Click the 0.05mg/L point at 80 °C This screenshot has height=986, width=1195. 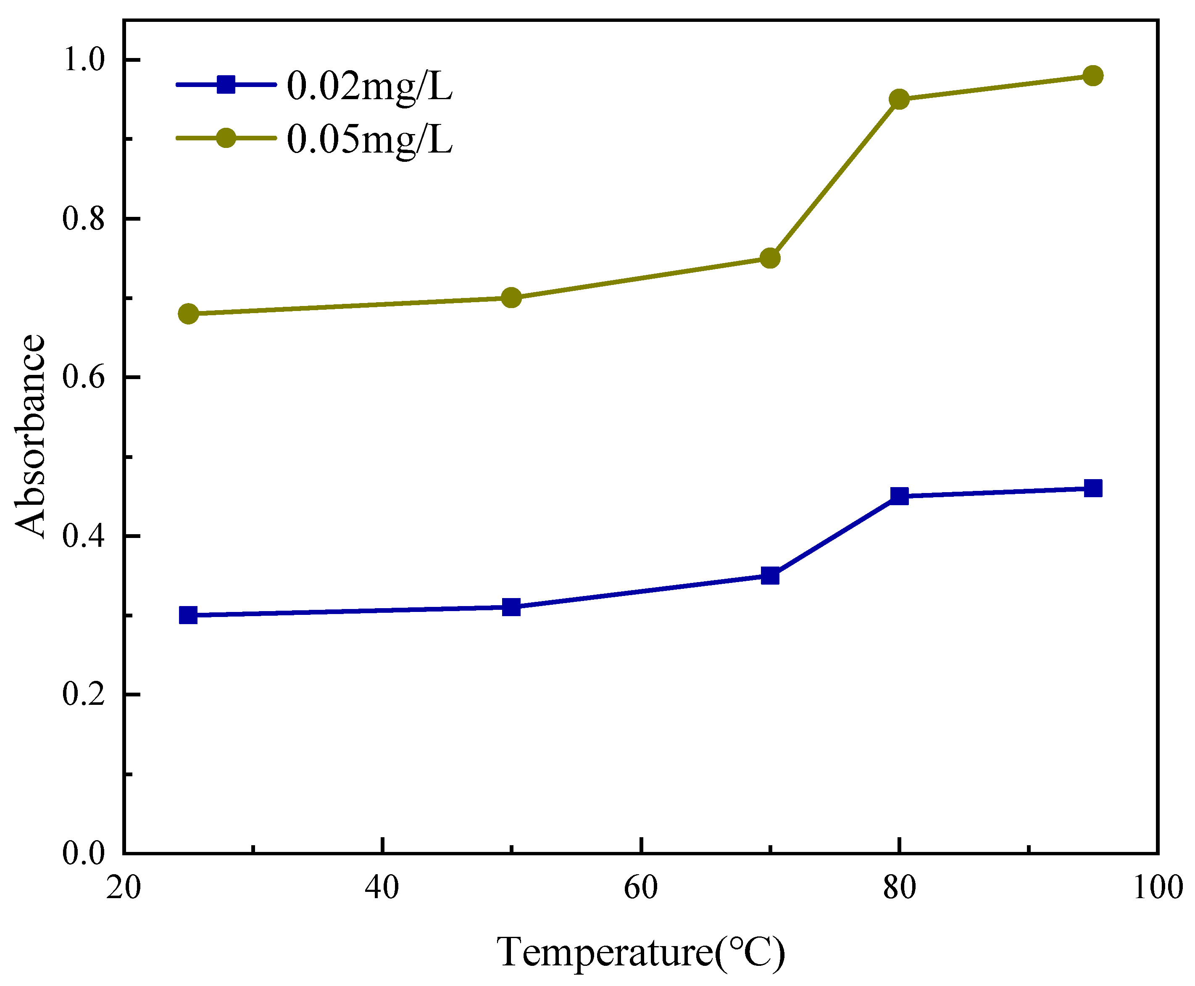pos(899,99)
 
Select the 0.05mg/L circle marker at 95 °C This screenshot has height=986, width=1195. pos(1093,76)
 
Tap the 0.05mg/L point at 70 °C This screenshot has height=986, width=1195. pos(770,258)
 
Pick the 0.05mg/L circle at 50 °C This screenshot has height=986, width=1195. pos(511,298)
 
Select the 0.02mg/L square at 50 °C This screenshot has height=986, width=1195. pos(511,607)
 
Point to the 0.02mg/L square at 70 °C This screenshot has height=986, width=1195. pos(770,576)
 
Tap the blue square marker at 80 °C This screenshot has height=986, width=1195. pos(899,496)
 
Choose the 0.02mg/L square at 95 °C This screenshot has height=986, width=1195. pos(1093,488)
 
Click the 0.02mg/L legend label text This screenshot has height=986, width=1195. pos(370,86)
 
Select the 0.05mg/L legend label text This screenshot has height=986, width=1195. pos(370,139)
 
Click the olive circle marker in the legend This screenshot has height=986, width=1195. pos(226,138)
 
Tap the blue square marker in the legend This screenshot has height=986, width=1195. pos(226,84)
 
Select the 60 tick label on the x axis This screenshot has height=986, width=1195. pos(641,887)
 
